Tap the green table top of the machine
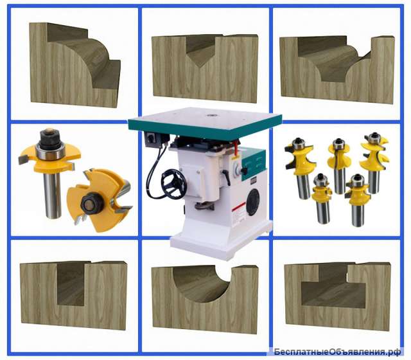click(x=204, y=122)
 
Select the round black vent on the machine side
click(x=252, y=202)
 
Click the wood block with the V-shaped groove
click(x=205, y=68)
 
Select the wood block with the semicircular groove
click(x=205, y=298)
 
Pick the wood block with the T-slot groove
click(x=338, y=296)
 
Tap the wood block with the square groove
click(x=73, y=295)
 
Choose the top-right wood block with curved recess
click(x=337, y=69)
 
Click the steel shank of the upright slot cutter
click(x=53, y=195)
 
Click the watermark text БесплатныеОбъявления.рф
click(x=337, y=352)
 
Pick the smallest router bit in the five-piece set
click(x=321, y=199)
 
